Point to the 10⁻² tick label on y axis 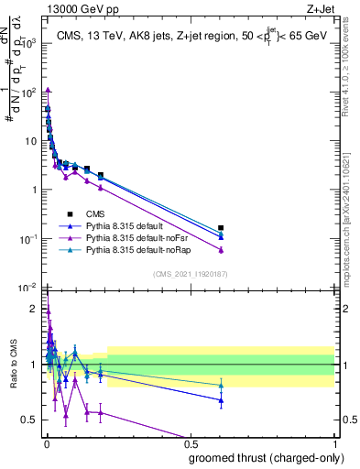click(x=28, y=288)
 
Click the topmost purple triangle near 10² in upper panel click(x=47, y=89)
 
